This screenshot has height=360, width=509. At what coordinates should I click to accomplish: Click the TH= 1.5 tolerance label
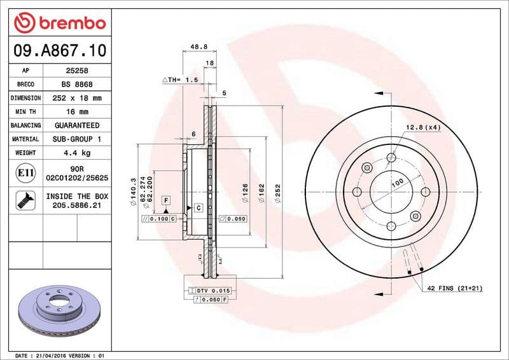(x=180, y=80)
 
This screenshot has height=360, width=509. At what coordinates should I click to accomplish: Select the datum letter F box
(x=165, y=200)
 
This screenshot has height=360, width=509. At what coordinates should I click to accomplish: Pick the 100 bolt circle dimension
(x=398, y=183)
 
